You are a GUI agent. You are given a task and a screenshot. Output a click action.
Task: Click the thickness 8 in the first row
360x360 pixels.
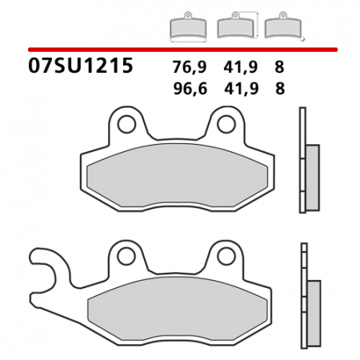(x=279, y=68)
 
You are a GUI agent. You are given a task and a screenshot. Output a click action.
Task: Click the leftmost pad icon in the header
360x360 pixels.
(x=189, y=28)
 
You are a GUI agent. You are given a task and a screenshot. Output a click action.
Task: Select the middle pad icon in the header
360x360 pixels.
(x=234, y=28)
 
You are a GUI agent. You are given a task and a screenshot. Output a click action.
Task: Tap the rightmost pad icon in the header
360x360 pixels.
(x=279, y=28)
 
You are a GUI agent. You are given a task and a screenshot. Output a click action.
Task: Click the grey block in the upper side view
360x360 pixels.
(x=312, y=178)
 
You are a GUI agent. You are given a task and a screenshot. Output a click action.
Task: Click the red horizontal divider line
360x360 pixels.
(x=180, y=50)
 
